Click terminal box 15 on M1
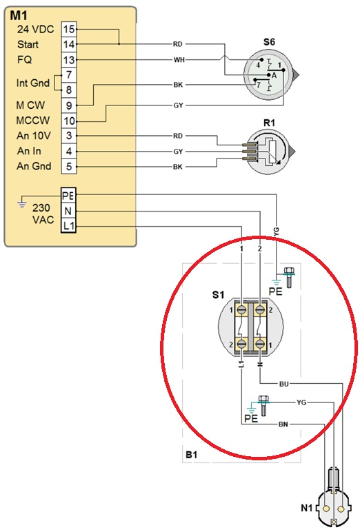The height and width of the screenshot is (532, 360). (69, 29)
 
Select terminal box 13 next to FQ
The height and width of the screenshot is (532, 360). (69, 60)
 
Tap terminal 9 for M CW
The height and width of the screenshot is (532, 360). (69, 105)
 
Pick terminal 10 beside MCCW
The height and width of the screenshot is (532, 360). (69, 121)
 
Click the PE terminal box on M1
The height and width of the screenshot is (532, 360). (68, 196)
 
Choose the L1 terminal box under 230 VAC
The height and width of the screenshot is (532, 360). (68, 225)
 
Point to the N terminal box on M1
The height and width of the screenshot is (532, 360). (68, 211)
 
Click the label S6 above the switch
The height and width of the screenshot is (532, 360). (269, 42)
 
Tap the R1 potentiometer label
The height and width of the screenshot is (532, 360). (269, 123)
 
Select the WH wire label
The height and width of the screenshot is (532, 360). (179, 60)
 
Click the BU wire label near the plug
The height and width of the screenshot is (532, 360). (283, 384)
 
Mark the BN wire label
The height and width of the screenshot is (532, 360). (283, 424)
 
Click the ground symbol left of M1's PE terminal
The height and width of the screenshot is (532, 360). (22, 204)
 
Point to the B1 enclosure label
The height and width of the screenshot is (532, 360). (191, 454)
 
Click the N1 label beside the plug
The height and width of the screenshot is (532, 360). (307, 508)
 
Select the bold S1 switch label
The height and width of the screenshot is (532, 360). (218, 294)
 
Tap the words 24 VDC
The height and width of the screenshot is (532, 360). (35, 30)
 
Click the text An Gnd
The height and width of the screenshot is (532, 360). (34, 166)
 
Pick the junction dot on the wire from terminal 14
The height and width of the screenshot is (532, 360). (119, 44)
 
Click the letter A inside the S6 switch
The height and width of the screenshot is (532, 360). (274, 76)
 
